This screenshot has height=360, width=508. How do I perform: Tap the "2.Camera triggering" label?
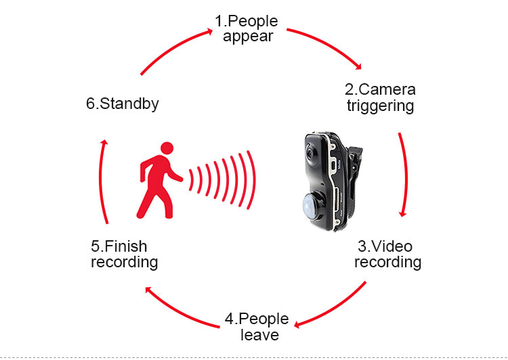click(x=380, y=97)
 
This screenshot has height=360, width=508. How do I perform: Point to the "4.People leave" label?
click(x=257, y=326)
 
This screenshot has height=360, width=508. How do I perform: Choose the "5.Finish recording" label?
click(x=124, y=254)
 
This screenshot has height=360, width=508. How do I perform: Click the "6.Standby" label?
click(x=123, y=104)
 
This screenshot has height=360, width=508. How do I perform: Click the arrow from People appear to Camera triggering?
click(x=324, y=43)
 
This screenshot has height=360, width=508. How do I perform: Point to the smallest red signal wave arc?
click(x=192, y=179)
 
